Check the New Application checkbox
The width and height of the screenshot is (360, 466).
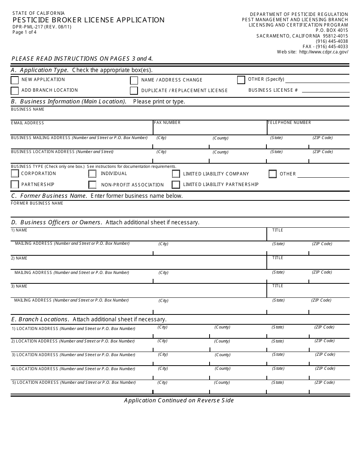click(x=15, y=80)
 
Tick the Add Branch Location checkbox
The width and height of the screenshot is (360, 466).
click(x=15, y=91)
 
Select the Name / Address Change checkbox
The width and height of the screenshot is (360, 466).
click(x=134, y=80)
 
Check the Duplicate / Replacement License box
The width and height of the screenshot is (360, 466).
click(x=134, y=91)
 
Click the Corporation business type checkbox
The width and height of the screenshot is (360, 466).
click(x=15, y=174)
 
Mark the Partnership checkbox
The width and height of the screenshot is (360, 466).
click(x=15, y=185)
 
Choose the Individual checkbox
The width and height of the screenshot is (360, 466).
click(x=92, y=174)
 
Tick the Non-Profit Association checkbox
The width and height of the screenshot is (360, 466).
click(x=92, y=185)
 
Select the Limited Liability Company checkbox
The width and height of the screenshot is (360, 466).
click(x=176, y=174)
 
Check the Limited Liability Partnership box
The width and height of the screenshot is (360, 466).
click(x=176, y=185)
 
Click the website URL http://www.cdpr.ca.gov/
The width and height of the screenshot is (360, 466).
click(x=323, y=52)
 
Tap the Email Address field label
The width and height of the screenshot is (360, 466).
click(x=27, y=123)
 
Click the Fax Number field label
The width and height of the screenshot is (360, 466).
click(x=167, y=123)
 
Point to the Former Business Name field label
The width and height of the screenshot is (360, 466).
click(x=37, y=203)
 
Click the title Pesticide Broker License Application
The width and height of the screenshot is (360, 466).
click(x=89, y=20)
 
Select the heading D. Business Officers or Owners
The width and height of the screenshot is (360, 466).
click(x=57, y=222)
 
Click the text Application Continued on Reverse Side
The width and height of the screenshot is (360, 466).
click(x=179, y=400)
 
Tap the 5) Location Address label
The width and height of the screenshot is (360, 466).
click(x=37, y=383)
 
